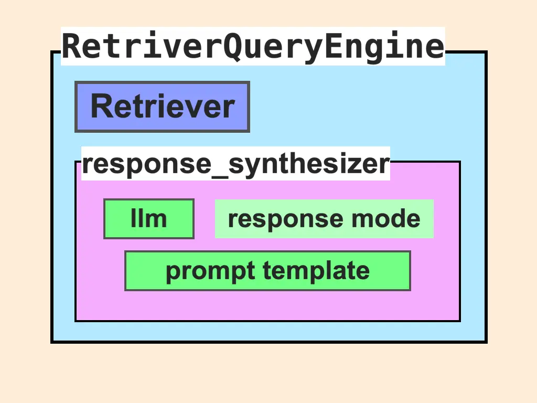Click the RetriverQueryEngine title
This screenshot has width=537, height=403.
[x=253, y=46]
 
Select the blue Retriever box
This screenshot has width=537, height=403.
[x=162, y=107]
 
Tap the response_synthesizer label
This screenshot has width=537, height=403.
[x=235, y=164]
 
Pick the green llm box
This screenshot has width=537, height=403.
[x=149, y=219]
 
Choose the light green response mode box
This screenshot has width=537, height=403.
[x=324, y=219]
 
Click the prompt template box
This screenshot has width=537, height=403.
[x=267, y=271]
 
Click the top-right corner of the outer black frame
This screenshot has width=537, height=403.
[x=486, y=52]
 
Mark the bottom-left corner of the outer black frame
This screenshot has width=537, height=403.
[x=52, y=342]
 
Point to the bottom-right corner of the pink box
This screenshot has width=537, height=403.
[x=460, y=321]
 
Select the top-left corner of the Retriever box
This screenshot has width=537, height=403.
[x=76, y=82]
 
